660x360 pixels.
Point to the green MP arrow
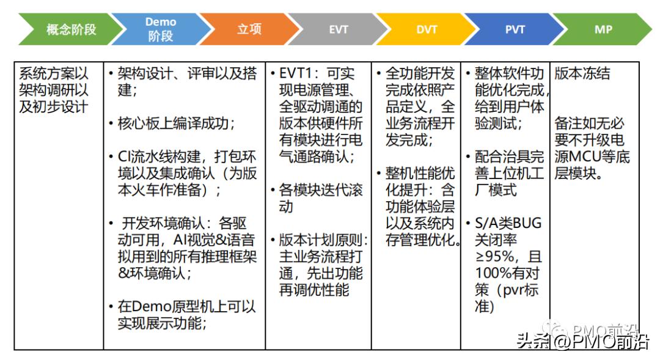(x=603, y=29)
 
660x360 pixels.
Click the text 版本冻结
(x=582, y=74)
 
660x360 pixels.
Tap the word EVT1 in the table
(x=296, y=74)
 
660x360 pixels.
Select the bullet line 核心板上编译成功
(x=176, y=123)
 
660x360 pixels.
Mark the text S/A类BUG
(x=508, y=223)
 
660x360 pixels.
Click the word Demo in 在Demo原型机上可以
(x=151, y=307)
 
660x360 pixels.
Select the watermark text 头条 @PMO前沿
(x=583, y=342)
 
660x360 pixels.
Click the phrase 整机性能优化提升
(x=420, y=182)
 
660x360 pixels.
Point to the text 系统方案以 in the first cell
(x=53, y=74)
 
